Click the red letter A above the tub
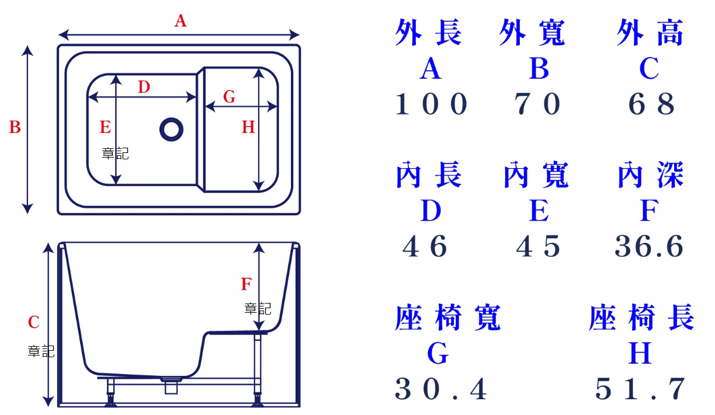click(x=181, y=22)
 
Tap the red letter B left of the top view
click(x=15, y=127)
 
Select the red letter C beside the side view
click(x=34, y=322)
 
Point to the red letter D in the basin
click(x=144, y=88)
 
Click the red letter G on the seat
click(x=230, y=97)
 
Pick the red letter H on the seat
click(x=248, y=127)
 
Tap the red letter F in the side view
click(x=247, y=285)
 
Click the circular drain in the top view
click(x=171, y=129)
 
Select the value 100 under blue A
click(x=432, y=105)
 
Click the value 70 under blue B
click(x=538, y=105)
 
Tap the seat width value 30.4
click(x=441, y=389)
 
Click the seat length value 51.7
click(x=641, y=389)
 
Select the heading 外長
click(x=428, y=33)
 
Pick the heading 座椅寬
click(x=447, y=318)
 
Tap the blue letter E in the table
click(x=539, y=211)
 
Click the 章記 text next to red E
click(x=115, y=154)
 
